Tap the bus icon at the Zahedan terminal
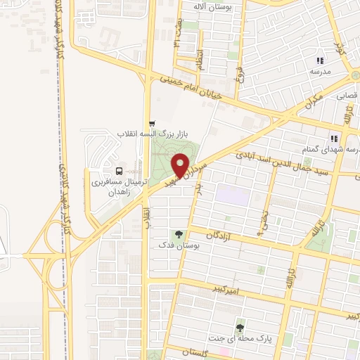tap(117, 170)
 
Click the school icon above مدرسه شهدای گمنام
tap(335, 138)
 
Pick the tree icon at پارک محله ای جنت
tap(241, 326)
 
